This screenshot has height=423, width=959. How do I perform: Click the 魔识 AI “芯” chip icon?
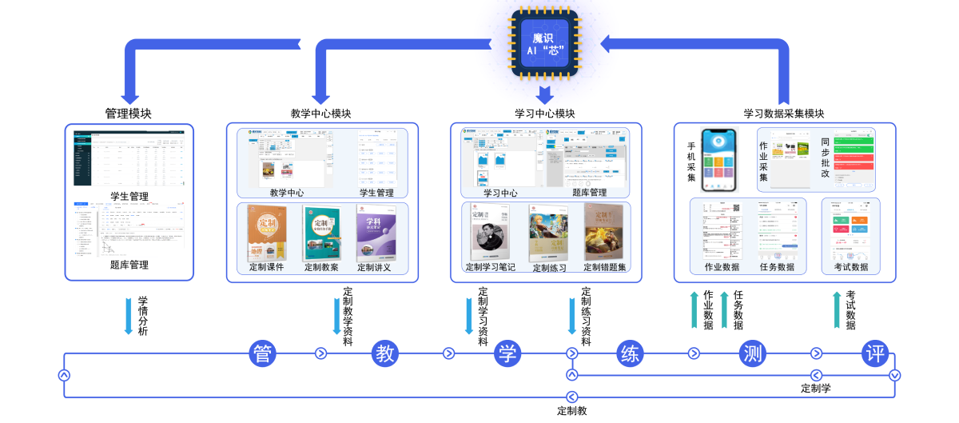point(544,44)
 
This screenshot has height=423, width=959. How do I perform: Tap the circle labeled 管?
point(263,353)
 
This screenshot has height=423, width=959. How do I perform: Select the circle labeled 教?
point(385,353)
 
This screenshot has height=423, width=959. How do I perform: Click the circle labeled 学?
point(507,353)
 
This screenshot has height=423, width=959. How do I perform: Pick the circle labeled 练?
point(631,353)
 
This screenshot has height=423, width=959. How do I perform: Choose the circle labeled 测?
point(753,353)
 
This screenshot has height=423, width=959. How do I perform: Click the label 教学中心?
point(286,193)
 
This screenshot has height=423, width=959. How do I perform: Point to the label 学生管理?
point(377,193)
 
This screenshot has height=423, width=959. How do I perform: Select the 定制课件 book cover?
point(267,233)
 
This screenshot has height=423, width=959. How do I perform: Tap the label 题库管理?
point(589,193)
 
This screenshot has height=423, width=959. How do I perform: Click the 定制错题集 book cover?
point(604,233)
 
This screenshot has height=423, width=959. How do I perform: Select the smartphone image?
point(719,159)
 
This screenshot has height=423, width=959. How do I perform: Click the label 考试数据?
point(851,267)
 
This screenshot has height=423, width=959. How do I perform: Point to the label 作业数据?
point(722,267)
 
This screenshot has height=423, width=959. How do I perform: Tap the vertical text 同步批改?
point(826,158)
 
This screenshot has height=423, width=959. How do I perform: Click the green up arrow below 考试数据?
point(837,309)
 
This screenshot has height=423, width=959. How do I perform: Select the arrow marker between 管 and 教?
point(320,353)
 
